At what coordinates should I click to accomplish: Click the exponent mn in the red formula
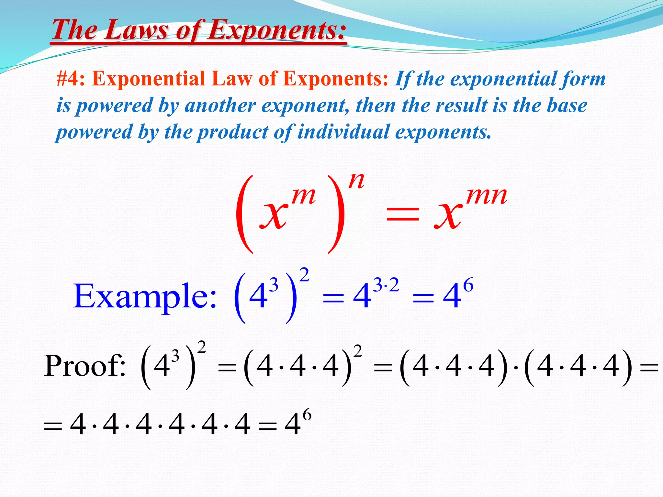pyautogui.click(x=487, y=196)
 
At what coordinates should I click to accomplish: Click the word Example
pyautogui.click(x=144, y=296)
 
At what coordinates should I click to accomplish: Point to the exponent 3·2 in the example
pyautogui.click(x=386, y=286)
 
